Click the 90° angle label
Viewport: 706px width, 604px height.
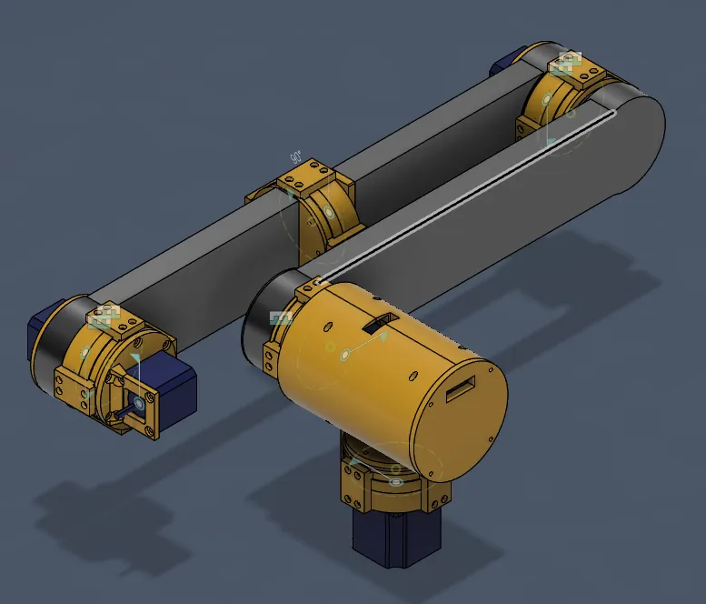tap(295, 157)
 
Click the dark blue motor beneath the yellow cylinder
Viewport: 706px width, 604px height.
tap(396, 539)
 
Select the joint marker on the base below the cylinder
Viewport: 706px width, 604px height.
tap(395, 481)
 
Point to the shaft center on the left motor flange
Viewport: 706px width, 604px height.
tap(138, 401)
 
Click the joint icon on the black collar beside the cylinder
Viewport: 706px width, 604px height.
tap(282, 317)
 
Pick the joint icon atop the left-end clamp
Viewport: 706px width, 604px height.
tap(104, 316)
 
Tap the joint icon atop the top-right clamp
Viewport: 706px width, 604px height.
tap(567, 62)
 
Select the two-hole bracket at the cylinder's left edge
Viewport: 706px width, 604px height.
tap(271, 357)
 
